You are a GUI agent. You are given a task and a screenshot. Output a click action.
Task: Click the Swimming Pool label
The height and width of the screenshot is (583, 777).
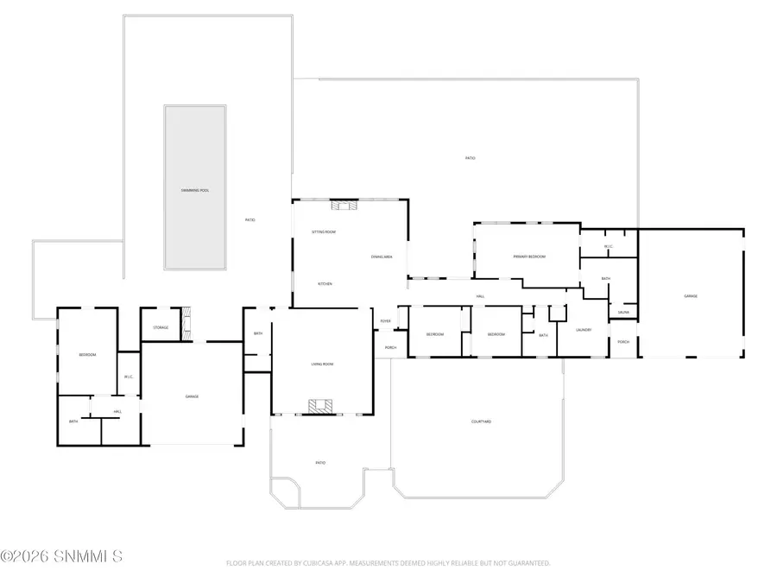point(195,189)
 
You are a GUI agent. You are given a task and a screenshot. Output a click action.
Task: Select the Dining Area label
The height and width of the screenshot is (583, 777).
point(382,257)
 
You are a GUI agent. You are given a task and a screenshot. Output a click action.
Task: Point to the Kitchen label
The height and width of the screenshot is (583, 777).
point(325,284)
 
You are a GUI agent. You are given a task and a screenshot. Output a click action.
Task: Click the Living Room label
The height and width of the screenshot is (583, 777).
point(322,364)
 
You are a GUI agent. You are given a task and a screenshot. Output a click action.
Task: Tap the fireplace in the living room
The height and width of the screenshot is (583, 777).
point(321,405)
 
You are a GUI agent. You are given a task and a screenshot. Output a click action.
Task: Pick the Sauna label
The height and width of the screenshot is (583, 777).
point(623,312)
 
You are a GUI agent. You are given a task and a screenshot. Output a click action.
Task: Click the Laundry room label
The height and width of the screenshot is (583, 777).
point(584,329)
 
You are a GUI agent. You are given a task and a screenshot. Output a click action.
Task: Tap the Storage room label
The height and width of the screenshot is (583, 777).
point(161,327)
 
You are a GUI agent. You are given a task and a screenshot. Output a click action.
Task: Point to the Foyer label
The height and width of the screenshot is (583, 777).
point(385,321)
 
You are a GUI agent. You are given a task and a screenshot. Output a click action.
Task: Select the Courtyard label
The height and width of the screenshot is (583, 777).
point(481,421)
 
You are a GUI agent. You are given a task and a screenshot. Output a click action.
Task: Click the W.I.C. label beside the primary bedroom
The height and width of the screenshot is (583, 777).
point(609,247)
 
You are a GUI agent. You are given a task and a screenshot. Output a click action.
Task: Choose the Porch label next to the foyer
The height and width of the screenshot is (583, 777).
point(390,349)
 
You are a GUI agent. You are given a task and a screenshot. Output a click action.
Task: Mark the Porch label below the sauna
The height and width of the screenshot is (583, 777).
point(623,342)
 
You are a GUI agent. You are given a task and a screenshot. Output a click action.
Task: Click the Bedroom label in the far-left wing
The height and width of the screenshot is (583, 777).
point(87,355)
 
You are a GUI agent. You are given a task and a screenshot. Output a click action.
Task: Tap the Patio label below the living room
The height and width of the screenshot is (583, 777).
point(320,463)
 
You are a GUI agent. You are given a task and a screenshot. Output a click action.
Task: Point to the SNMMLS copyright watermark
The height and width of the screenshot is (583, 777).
point(61,556)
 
